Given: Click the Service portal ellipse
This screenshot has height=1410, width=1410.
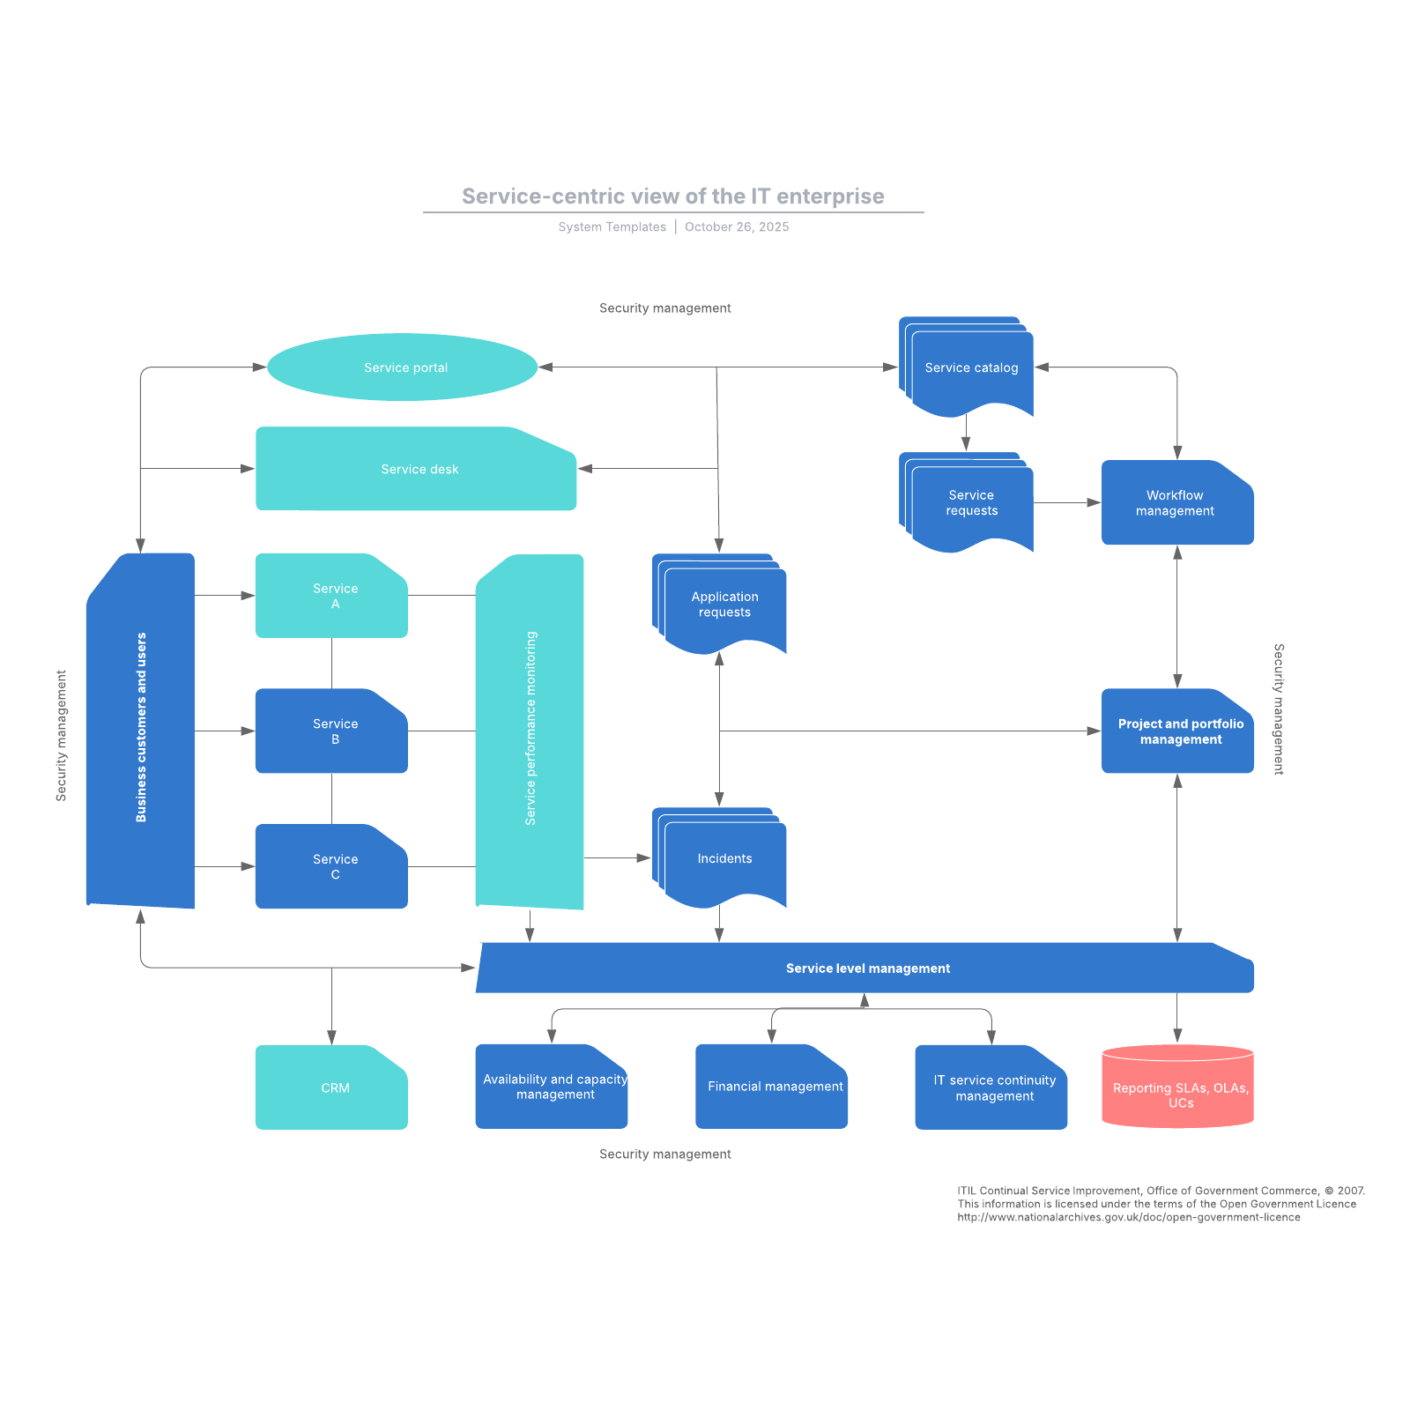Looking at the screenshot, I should click(403, 367).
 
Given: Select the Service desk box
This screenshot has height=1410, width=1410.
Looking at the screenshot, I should click(416, 469).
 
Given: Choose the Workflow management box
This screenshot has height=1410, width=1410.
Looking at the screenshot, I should click(1176, 503).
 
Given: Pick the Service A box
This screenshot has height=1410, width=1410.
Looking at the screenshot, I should click(331, 596).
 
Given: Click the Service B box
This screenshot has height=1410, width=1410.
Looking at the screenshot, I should click(331, 731).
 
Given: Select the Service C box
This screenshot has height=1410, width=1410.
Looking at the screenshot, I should click(331, 866).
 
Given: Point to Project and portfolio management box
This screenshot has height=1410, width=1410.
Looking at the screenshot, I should click(1177, 731).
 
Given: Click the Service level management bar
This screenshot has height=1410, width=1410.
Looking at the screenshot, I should click(867, 968).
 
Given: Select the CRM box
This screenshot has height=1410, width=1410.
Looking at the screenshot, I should click(331, 1087).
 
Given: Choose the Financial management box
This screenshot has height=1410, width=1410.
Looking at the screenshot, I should click(771, 1087).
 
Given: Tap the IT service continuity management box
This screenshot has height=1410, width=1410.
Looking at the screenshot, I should click(991, 1087).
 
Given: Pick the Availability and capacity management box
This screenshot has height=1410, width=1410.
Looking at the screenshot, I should click(552, 1087).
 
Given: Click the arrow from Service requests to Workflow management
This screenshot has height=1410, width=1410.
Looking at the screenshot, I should click(1066, 503).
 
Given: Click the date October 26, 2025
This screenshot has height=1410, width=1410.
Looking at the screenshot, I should click(737, 227).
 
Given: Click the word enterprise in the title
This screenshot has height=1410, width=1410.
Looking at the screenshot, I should click(830, 197).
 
